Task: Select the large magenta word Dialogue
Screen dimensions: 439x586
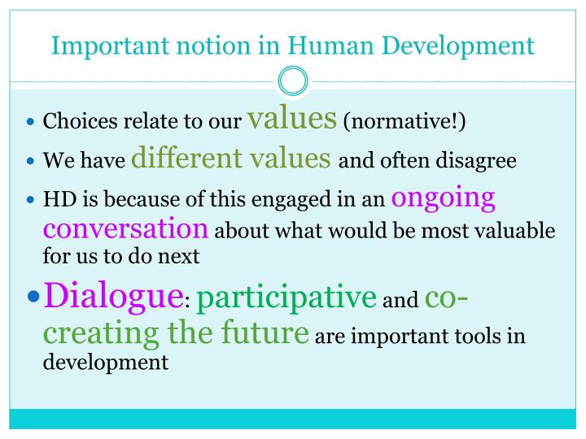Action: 113,293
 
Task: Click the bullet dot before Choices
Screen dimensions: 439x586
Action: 32,125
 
